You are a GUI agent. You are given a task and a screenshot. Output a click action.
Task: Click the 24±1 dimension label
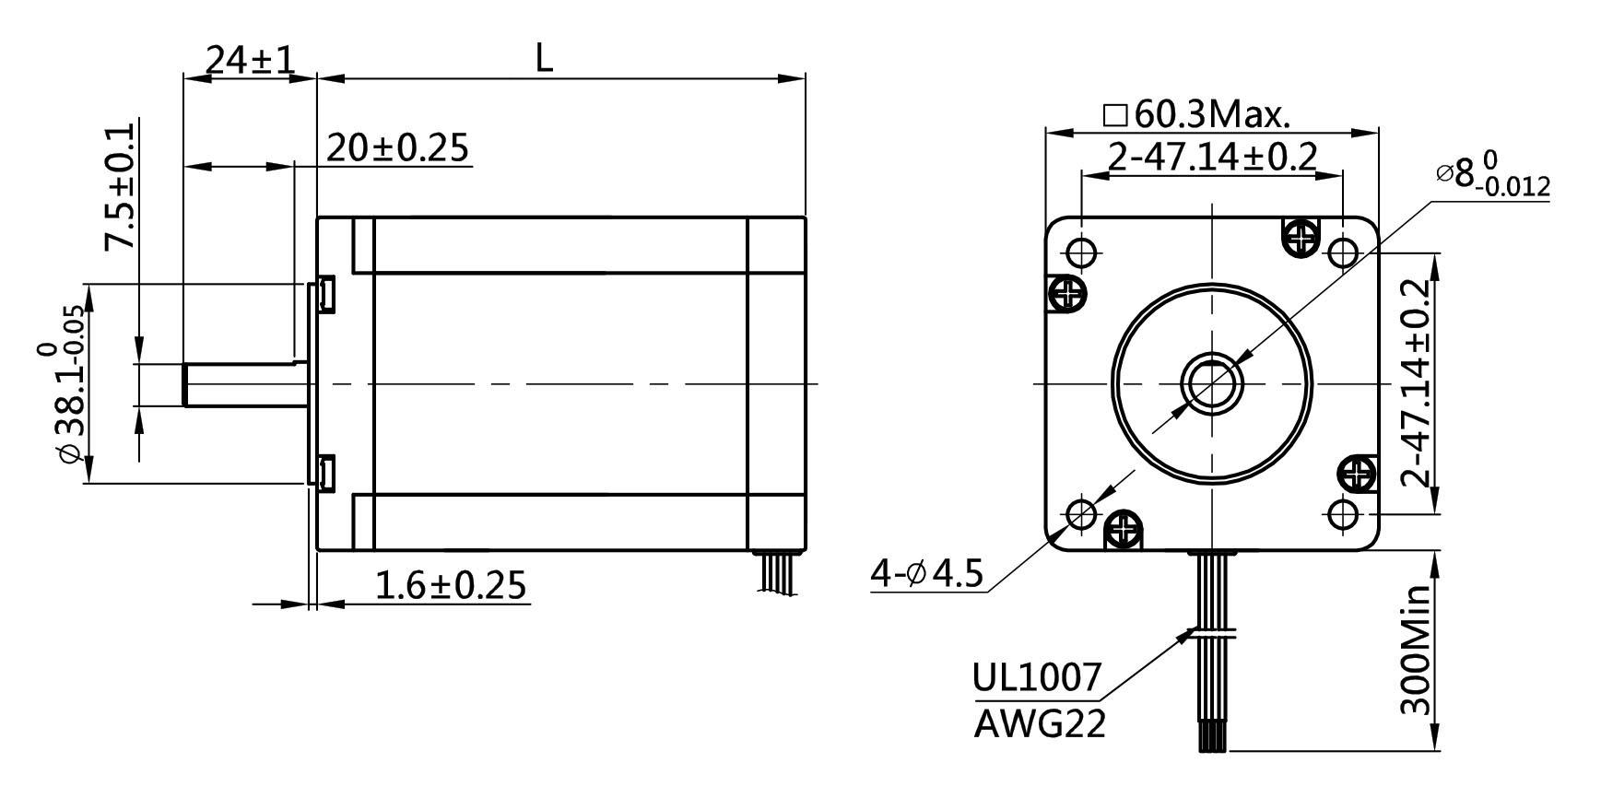(x=249, y=60)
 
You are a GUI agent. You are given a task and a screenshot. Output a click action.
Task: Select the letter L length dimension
(x=544, y=60)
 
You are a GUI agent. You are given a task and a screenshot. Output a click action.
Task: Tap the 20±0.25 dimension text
(x=397, y=147)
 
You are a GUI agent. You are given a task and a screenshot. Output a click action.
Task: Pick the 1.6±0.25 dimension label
(x=451, y=585)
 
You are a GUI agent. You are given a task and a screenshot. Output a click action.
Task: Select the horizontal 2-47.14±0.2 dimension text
(x=1211, y=158)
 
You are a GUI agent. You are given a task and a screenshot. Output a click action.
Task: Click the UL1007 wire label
(x=1037, y=678)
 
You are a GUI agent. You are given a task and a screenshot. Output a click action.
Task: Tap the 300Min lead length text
(x=1415, y=650)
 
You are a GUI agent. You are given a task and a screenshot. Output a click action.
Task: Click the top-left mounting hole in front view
(x=1081, y=251)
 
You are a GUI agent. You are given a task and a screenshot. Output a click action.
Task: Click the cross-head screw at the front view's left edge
(x=1068, y=295)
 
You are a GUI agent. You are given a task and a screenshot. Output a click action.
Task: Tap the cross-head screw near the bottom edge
(x=1124, y=529)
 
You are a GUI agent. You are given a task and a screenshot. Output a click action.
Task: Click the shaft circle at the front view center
(x=1211, y=382)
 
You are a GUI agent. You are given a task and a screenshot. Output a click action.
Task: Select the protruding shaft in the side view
(x=244, y=383)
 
